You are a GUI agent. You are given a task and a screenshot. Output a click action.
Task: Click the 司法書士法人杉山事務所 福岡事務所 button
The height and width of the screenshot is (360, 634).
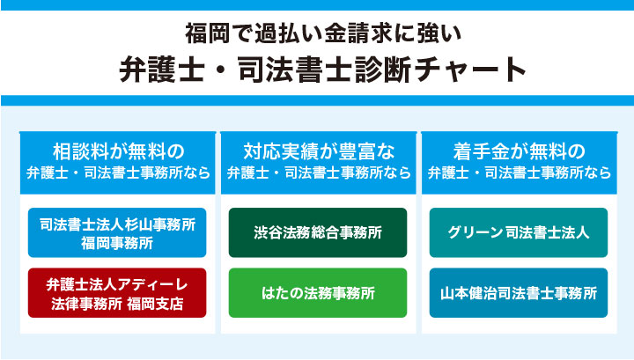117,232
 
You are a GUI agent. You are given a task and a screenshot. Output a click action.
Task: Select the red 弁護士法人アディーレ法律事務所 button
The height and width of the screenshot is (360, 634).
117,292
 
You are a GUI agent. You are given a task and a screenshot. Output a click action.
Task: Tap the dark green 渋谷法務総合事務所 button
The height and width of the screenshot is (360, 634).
318,232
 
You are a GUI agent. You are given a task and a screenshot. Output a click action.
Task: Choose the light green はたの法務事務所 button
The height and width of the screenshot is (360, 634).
318,292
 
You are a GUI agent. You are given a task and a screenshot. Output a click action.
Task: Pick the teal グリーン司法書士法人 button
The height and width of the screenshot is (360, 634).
519,232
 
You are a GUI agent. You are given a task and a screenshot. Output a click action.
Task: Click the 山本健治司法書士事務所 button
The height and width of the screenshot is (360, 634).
519,292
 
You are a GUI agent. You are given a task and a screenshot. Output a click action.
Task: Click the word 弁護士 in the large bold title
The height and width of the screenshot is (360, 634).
157,70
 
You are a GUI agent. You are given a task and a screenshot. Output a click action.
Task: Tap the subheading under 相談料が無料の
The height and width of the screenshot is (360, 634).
117,173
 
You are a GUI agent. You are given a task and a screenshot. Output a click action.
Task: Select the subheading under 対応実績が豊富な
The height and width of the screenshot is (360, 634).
318,173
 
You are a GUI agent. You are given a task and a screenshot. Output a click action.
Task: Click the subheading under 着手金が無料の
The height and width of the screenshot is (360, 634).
519,173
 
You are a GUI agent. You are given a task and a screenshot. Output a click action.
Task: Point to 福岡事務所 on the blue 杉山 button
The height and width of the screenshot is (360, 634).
117,242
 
